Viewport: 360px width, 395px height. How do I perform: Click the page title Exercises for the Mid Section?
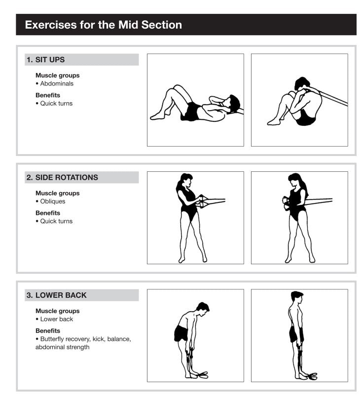(103, 25)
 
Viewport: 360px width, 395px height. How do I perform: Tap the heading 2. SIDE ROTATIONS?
(62, 177)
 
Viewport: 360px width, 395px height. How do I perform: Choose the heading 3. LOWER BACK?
(56, 295)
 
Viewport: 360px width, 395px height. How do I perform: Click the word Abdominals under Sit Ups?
(57, 83)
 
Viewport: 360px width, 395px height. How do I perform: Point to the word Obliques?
(53, 201)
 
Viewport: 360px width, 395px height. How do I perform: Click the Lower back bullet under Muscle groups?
(56, 319)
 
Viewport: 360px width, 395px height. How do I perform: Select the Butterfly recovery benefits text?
(83, 339)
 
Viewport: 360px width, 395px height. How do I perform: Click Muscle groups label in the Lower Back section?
(57, 311)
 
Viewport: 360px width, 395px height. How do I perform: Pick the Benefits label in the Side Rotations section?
(48, 213)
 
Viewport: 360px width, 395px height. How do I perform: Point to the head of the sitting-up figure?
(301, 83)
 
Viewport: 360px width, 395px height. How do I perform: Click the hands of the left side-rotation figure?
(202, 200)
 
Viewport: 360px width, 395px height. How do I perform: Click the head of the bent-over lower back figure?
(202, 308)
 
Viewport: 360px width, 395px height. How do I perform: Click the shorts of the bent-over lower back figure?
(180, 333)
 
